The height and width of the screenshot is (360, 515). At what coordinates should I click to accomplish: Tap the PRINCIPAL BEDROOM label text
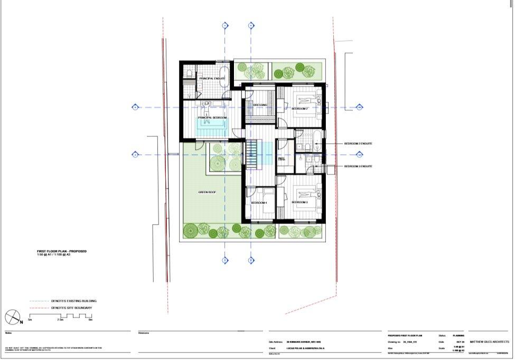pyautogui.click(x=212, y=117)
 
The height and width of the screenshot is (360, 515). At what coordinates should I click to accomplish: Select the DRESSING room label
pyautogui.click(x=260, y=105)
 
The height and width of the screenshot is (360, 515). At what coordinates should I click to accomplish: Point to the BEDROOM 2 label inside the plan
pyautogui.click(x=299, y=108)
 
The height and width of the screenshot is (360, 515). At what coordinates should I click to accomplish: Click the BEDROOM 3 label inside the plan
pyautogui.click(x=299, y=202)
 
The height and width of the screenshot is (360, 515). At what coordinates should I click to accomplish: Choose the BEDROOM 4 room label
pyautogui.click(x=259, y=203)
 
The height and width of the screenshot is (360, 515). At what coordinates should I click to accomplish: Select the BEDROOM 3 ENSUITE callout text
pyautogui.click(x=358, y=167)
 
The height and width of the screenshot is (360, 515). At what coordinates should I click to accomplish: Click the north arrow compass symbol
pyautogui.click(x=12, y=317)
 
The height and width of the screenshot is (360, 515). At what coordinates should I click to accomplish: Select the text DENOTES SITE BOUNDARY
pyautogui.click(x=73, y=308)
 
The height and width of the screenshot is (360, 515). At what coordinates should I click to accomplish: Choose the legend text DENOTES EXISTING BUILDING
pyautogui.click(x=74, y=301)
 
